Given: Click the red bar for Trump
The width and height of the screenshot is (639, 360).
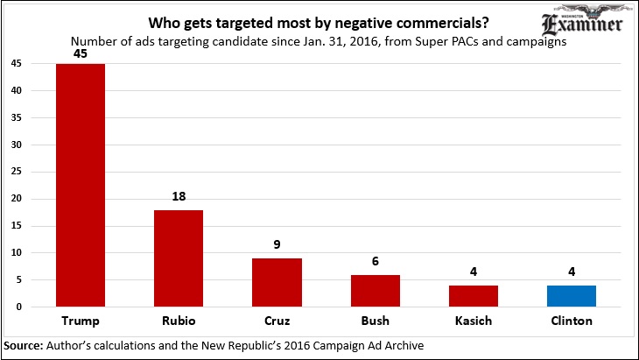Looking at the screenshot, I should (x=81, y=185).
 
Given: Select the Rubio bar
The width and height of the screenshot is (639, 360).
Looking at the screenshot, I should (x=179, y=258).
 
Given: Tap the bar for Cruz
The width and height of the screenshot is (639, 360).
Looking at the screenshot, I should (x=277, y=282).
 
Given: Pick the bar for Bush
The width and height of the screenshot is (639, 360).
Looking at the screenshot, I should (x=375, y=291).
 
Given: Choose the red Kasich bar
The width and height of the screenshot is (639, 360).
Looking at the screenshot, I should (x=474, y=296).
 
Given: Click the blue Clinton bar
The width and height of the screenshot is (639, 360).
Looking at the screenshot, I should (x=572, y=296).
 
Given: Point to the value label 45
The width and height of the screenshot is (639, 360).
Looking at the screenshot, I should (x=81, y=54).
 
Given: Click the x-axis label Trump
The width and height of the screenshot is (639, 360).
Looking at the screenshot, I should (x=81, y=321).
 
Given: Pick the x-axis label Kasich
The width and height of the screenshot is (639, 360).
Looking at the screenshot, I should (x=474, y=321).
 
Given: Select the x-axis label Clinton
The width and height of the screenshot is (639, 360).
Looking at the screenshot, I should (x=572, y=321).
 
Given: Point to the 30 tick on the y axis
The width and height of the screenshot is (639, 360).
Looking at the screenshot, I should (x=17, y=145).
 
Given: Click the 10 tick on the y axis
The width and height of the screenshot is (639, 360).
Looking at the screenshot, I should (x=17, y=253).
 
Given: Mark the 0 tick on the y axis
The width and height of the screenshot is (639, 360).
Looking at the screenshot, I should (x=19, y=307).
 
